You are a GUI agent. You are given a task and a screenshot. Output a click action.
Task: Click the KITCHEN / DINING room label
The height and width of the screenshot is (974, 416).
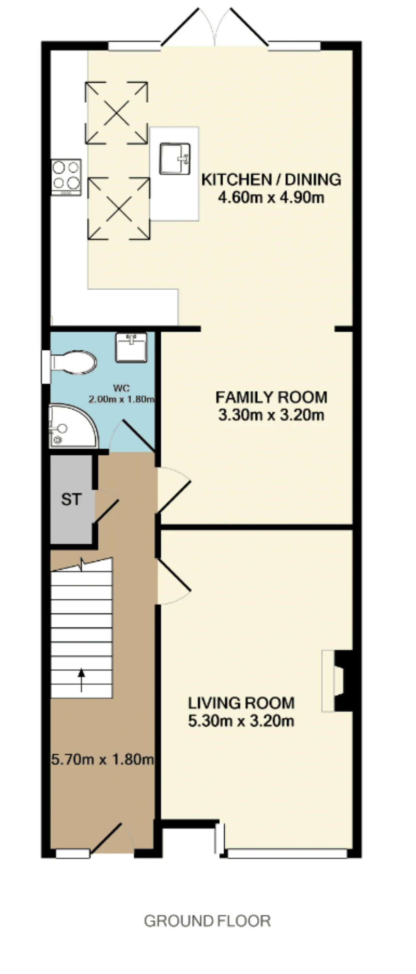[271, 179]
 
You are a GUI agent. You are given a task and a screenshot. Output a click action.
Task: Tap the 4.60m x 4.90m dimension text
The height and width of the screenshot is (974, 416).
[271, 197]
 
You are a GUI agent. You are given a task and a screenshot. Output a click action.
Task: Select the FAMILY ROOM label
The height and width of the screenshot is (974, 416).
[271, 397]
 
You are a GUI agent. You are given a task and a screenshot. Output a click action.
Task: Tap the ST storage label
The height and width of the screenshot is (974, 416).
[71, 499]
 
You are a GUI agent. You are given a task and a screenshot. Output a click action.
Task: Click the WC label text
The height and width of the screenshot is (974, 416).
[121, 388]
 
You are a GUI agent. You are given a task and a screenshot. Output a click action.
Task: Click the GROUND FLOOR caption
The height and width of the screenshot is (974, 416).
[207, 921]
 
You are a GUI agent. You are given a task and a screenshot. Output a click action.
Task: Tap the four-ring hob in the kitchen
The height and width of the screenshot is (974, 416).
[66, 177]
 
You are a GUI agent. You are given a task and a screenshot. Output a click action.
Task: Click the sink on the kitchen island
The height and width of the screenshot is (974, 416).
[175, 158]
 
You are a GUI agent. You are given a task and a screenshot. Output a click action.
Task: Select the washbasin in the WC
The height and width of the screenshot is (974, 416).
[131, 347]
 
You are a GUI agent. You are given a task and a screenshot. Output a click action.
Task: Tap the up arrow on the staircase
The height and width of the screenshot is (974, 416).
[81, 680]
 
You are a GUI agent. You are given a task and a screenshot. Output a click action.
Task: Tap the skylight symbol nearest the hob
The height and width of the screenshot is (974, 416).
[119, 208]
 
